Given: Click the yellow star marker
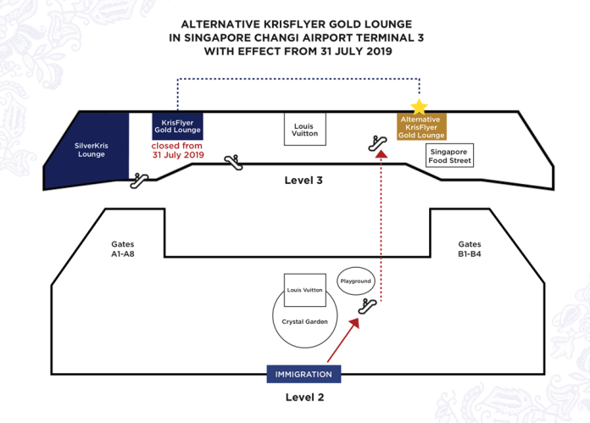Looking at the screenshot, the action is tap(419, 107).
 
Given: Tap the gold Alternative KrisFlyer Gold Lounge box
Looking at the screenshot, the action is tap(421, 126).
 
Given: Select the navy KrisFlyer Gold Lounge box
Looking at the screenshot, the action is tap(178, 126).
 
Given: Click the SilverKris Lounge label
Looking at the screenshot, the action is tap(92, 150).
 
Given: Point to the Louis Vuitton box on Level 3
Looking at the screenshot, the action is tap(305, 129).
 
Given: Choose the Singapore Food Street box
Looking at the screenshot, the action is tap(449, 155).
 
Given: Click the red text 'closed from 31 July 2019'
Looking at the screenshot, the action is tap(178, 150).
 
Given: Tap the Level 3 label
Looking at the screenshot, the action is tap(303, 181).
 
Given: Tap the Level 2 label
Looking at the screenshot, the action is tap(305, 397).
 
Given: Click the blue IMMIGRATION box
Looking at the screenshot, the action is tap(303, 374).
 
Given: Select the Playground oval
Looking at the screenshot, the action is tap(355, 281).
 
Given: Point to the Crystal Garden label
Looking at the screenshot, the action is tap(305, 322).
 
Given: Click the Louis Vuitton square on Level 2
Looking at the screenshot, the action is tap(305, 290).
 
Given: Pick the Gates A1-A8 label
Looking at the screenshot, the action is tap(123, 249).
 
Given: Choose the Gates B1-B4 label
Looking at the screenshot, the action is tap(470, 249).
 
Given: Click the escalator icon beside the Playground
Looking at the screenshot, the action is tap(367, 306).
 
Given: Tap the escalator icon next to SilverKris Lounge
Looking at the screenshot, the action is tap(139, 181).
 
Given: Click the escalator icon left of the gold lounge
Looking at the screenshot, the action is tap(377, 143).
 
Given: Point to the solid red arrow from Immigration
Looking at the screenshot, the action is tap(343, 340).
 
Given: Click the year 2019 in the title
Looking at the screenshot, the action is tap(376, 51).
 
